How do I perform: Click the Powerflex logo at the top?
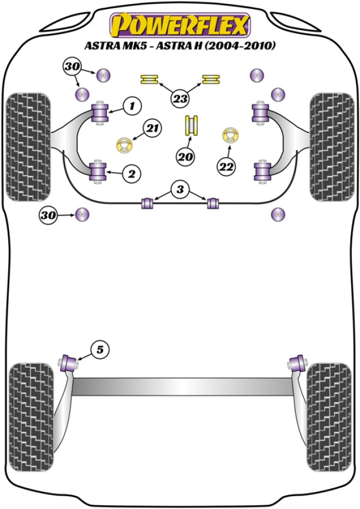181,24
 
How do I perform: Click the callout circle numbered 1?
132,105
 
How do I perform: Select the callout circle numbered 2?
131,174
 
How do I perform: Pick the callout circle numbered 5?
100,349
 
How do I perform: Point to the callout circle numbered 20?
186,157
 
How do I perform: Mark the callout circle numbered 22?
227,165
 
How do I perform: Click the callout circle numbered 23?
179,100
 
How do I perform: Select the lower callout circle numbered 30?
48,214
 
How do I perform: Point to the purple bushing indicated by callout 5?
70,363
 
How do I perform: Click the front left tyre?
27,147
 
